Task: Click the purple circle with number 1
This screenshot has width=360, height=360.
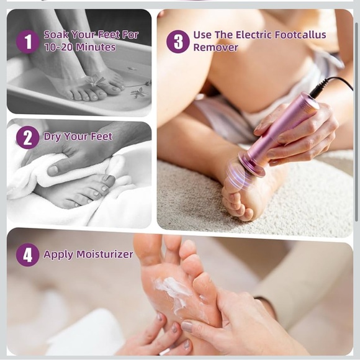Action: [27, 42]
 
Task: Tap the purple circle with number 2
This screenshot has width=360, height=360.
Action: [27, 137]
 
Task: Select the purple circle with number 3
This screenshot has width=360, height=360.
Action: [178, 42]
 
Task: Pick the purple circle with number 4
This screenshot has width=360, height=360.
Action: [27, 254]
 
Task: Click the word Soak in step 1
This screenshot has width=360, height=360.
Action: [56, 35]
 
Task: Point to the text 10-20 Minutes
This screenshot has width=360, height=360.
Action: [79, 47]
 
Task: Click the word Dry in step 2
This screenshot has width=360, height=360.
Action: [52, 137]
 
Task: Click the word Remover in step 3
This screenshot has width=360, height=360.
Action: [215, 47]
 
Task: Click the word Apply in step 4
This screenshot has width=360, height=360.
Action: [56, 254]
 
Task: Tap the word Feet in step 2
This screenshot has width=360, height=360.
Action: [101, 137]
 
